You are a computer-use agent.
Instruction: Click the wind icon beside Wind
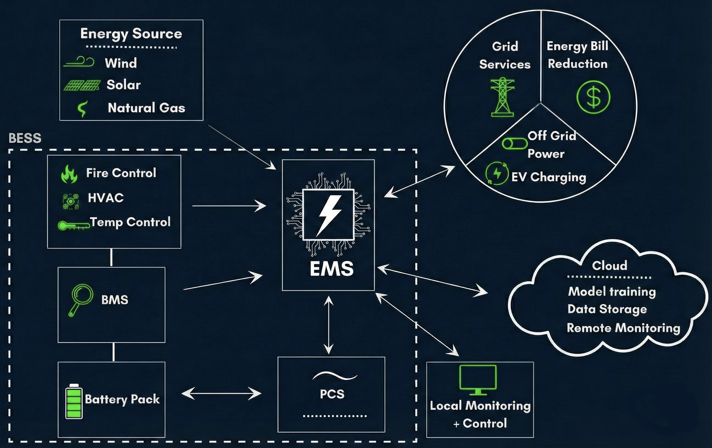click(79, 62)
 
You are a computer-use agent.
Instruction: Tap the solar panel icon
click(82, 85)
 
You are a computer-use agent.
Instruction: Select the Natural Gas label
click(146, 108)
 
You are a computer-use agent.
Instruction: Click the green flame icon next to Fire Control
click(69, 174)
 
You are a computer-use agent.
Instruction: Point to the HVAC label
click(105, 198)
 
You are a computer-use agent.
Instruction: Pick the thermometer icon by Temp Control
click(74, 225)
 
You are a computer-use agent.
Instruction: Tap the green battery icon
click(74, 401)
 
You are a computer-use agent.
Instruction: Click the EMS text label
click(332, 268)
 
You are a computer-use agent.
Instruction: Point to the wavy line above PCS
click(335, 376)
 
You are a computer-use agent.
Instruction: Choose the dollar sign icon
click(593, 97)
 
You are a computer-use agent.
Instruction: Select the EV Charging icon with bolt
click(497, 173)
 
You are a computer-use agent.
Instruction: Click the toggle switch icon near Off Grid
click(514, 144)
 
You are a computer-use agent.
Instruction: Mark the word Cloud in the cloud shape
click(609, 265)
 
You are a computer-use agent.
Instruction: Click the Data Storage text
click(607, 309)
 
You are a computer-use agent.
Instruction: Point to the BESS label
click(25, 138)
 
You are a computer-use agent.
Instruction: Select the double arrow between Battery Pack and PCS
click(221, 394)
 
